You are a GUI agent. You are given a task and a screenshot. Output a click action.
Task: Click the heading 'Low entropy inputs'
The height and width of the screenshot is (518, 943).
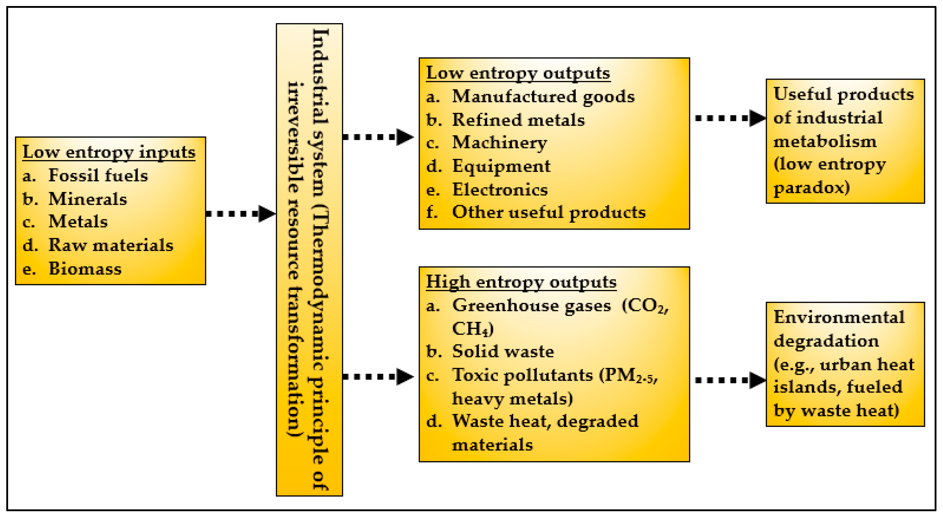(109, 152)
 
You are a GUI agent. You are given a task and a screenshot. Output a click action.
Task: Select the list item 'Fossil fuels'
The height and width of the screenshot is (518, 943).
(98, 175)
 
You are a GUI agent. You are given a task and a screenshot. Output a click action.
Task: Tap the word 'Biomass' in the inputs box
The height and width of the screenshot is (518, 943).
(85, 269)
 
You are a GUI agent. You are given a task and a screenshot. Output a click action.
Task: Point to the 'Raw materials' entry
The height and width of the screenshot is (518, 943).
(111, 245)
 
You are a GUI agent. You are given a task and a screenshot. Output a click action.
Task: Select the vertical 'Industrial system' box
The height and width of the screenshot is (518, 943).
(309, 260)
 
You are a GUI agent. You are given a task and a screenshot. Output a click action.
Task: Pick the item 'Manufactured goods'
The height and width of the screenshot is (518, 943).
(543, 97)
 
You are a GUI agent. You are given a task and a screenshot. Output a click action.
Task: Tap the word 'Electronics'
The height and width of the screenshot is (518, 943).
(500, 190)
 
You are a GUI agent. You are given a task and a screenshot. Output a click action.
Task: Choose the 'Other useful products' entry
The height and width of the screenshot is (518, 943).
(549, 212)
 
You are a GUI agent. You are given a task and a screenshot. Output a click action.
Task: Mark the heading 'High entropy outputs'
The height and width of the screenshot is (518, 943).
(521, 282)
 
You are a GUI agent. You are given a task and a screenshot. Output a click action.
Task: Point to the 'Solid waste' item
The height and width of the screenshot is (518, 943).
(503, 351)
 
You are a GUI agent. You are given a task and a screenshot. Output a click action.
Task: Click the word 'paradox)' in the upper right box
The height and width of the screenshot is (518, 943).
(811, 188)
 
